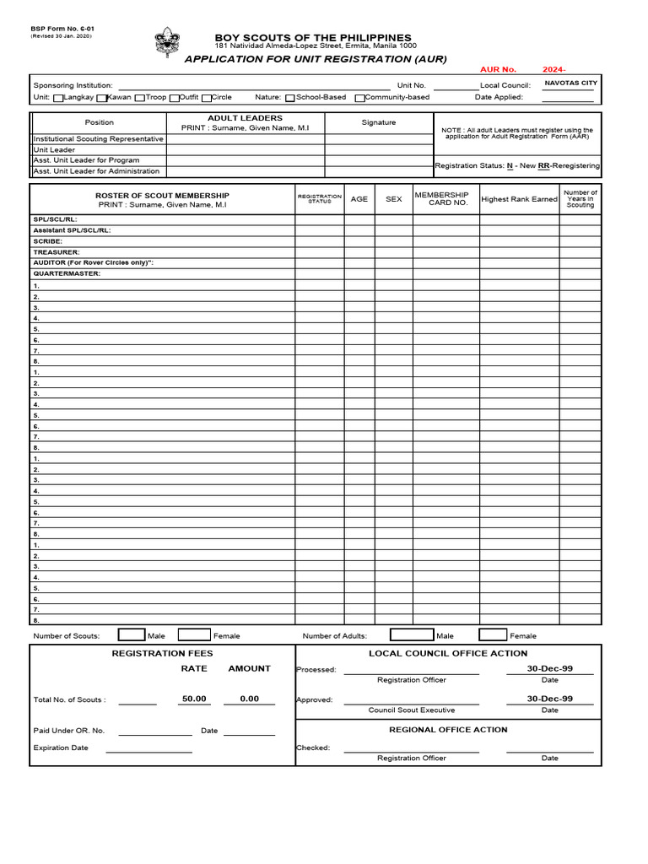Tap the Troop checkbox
[140, 98]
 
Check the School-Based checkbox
[290, 98]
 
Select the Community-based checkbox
[360, 98]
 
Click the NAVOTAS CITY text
[570, 84]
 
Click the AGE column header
[359, 199]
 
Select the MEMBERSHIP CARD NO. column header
[446, 199]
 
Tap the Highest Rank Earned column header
[519, 199]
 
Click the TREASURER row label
[57, 251]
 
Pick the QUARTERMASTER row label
[67, 273]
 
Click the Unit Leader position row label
[54, 149]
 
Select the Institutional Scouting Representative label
[98, 138]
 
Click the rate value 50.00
[194, 699]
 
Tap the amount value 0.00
[249, 699]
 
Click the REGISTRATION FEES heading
[162, 653]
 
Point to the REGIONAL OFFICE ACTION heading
[448, 729]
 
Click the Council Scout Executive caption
[411, 710]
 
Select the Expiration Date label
[61, 748]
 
